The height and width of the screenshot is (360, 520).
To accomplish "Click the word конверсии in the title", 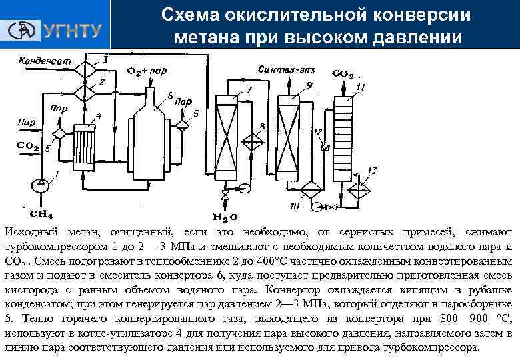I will pos(421,15).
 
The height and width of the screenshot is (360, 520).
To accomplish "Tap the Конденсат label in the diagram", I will pos(44,60).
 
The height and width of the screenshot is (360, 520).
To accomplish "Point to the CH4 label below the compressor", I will pos(41,214).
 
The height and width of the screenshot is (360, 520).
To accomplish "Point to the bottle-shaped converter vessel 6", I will pos(153,140).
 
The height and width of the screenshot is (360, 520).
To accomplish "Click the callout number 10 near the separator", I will pos(295,207).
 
